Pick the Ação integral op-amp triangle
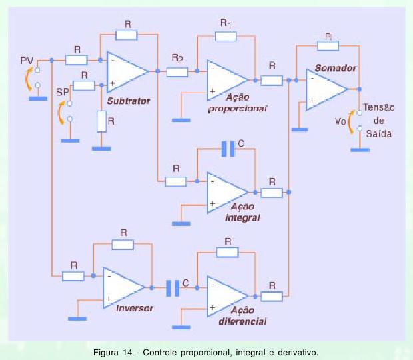click(226, 191)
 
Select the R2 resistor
click(178, 70)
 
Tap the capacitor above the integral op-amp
click(228, 150)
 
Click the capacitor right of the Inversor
click(173, 287)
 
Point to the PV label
click(27, 61)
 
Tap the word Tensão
click(380, 109)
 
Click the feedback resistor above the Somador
click(328, 45)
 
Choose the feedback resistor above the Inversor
click(123, 244)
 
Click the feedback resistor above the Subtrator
click(127, 34)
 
